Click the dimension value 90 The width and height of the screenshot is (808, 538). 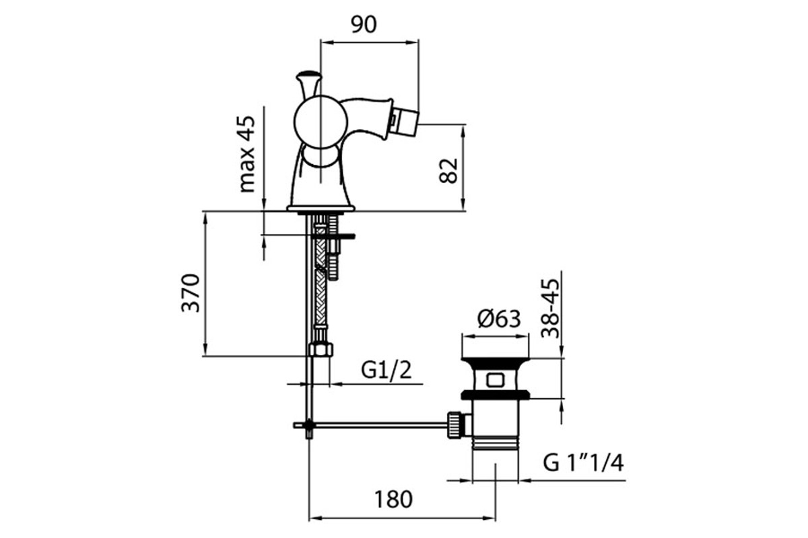coord(364,24)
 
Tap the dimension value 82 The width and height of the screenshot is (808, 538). coord(448,170)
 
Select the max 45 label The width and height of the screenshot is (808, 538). coord(248,154)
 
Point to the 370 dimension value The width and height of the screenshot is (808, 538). coord(190,293)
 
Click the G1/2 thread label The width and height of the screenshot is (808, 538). coord(386,370)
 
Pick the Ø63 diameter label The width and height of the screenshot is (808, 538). coord(499,319)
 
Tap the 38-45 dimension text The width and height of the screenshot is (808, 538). coord(550,309)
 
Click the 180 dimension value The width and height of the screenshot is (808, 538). coord(393,500)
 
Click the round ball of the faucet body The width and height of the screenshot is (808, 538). coord(321,122)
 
